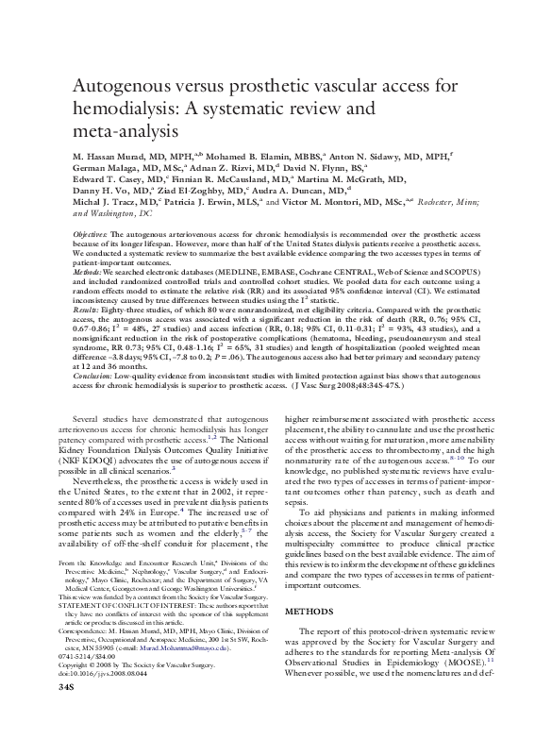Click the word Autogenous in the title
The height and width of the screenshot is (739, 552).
(122, 86)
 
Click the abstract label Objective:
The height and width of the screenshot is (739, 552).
(91, 233)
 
